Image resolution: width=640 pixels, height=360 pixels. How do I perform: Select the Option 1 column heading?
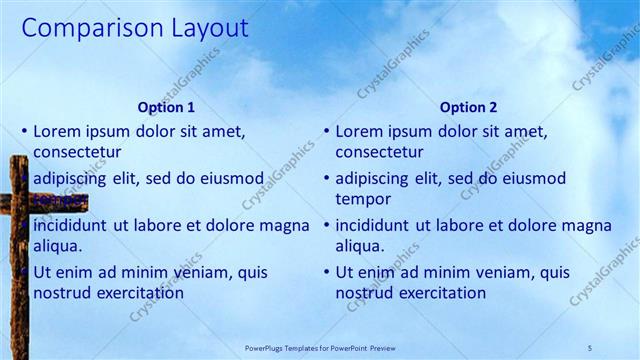[x=166, y=107]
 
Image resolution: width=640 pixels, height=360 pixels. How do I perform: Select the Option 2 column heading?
[x=468, y=107]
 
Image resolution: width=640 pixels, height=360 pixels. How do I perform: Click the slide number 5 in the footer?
[x=590, y=347]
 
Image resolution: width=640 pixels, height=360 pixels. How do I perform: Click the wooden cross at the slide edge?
[x=19, y=260]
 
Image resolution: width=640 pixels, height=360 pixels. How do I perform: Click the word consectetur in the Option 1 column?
[x=77, y=153]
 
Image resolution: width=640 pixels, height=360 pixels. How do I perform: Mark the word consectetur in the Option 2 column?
[x=379, y=153]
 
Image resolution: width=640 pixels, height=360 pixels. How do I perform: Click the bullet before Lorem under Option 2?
[x=326, y=131]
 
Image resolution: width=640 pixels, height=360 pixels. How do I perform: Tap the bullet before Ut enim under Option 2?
[x=326, y=272]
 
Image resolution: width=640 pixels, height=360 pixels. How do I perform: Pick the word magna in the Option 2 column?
[x=588, y=225]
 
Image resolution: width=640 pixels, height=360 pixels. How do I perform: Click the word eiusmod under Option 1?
[x=231, y=179]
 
